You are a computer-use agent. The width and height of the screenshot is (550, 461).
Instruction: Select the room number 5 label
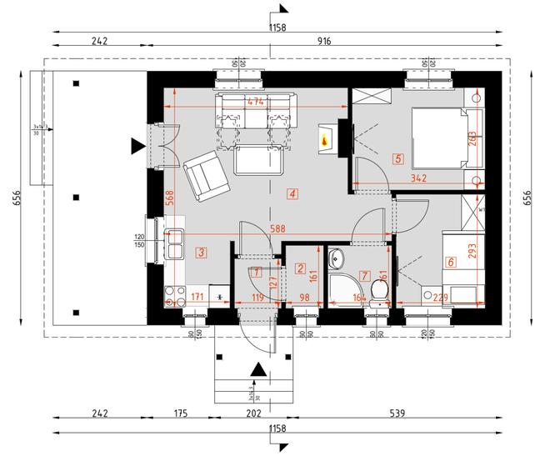tap(398, 158)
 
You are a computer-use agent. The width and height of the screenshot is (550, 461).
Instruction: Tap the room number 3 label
tap(201, 251)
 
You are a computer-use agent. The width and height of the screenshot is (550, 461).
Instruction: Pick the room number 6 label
tap(451, 262)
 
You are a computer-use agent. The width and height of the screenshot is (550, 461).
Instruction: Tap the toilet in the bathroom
tap(379, 291)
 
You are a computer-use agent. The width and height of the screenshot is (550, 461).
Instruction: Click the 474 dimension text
tap(257, 101)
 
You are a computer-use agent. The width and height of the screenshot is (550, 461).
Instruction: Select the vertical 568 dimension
tap(170, 198)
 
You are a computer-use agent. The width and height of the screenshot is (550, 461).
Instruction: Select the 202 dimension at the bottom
tap(254, 413)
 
